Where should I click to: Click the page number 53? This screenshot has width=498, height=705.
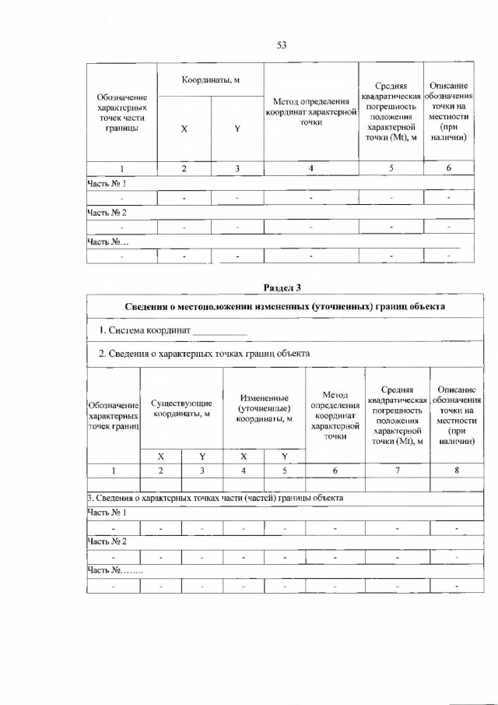(x=282, y=45)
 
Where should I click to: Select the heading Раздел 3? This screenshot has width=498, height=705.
(x=282, y=288)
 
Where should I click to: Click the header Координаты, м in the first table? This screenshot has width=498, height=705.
(x=211, y=80)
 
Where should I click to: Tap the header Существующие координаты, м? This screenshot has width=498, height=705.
(x=181, y=408)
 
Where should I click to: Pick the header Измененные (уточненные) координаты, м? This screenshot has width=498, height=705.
(x=265, y=408)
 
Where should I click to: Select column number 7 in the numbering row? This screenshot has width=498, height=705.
(x=397, y=471)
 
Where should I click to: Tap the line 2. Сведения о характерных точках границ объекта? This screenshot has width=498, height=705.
(x=204, y=354)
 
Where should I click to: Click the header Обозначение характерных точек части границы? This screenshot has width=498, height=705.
(x=121, y=112)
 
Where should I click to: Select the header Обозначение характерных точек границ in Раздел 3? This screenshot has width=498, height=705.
(x=114, y=416)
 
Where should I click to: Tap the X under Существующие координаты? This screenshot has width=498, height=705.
(x=161, y=456)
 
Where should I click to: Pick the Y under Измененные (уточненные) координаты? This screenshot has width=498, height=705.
(x=285, y=456)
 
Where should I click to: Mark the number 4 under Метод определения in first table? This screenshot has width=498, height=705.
(x=311, y=168)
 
